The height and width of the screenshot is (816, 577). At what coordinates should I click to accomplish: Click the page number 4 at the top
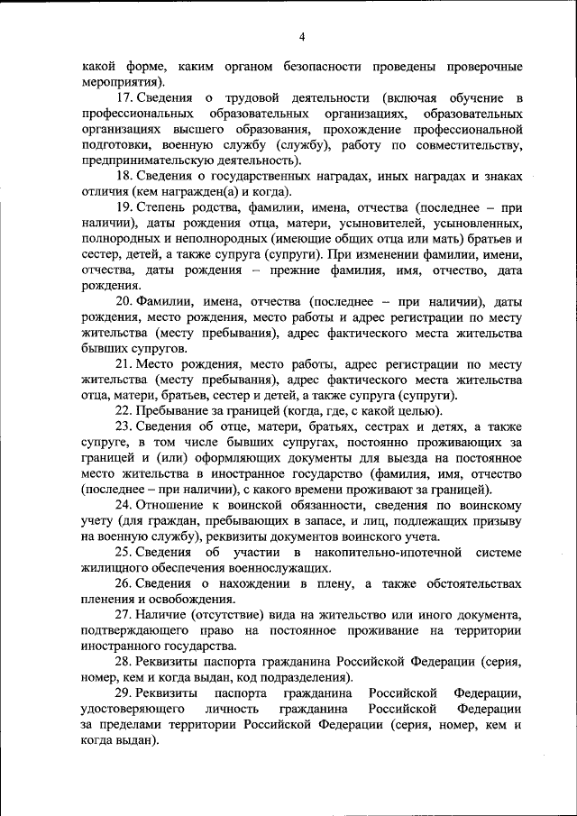303,36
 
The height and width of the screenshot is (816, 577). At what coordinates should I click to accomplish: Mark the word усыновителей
371,224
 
